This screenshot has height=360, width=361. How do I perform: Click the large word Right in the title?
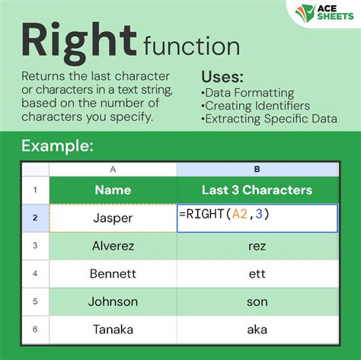78,40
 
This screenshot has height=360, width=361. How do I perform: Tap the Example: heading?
59,145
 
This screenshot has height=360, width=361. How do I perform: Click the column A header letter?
113,170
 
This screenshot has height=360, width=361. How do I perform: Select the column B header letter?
257,170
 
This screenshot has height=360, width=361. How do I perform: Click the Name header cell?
113,190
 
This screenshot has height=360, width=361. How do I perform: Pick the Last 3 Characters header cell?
257,190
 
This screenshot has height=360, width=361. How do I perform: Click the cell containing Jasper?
113,218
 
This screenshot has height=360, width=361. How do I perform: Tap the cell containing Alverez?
113,246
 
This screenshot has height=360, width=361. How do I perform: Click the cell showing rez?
257,246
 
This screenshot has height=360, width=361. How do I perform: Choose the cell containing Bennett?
113,274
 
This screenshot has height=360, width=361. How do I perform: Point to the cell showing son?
257,302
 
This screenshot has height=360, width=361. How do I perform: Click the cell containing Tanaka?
113,330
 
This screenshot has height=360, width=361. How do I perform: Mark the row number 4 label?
34,274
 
